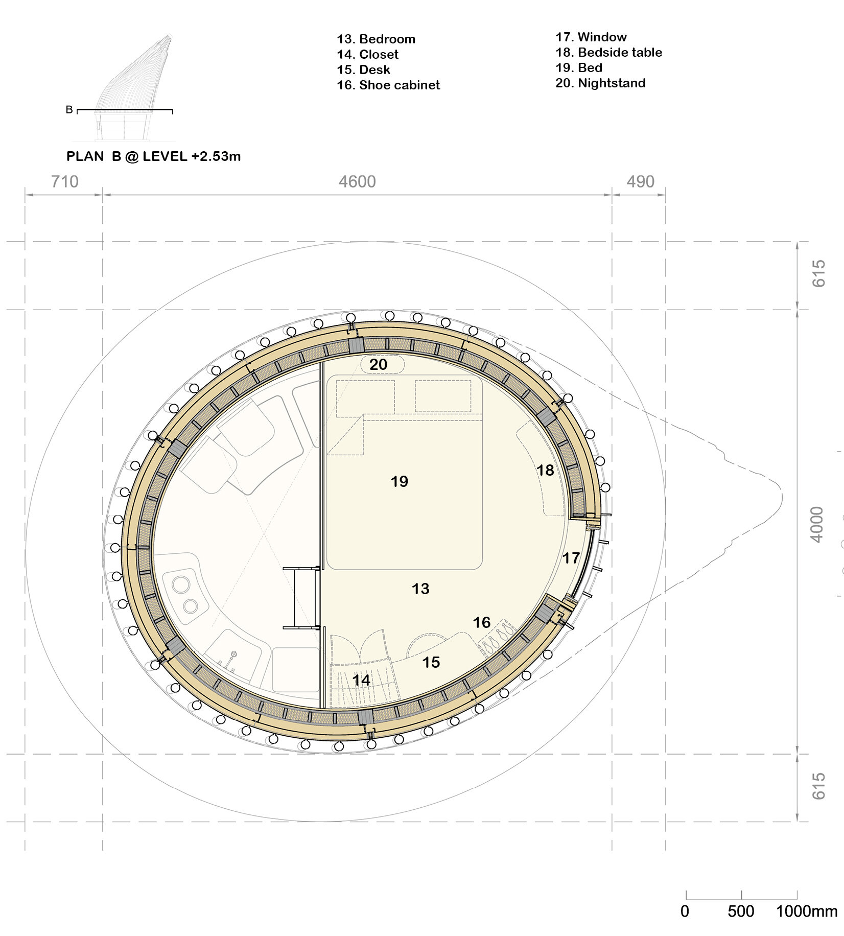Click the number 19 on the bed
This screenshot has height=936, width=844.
tap(399, 481)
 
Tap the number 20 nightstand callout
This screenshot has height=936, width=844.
tap(378, 365)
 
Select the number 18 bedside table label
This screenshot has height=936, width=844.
tap(545, 470)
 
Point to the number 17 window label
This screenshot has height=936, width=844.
tap(571, 558)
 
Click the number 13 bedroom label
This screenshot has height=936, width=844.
tap(420, 589)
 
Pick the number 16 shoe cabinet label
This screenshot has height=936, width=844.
tap(481, 622)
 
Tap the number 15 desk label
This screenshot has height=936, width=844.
tap(431, 662)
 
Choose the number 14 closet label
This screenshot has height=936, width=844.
tap(361, 680)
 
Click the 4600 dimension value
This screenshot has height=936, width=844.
tap(357, 182)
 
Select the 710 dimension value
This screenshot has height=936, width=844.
tap(65, 182)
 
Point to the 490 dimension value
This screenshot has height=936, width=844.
tap(640, 182)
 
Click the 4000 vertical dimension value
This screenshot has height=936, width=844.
tap(817, 525)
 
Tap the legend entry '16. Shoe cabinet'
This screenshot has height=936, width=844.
tap(388, 85)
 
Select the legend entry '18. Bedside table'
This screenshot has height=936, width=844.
tap(608, 53)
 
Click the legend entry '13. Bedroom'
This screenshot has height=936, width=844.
tap(376, 39)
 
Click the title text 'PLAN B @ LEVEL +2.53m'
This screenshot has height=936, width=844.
tap(153, 156)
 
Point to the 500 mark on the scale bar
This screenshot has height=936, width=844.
tap(741, 911)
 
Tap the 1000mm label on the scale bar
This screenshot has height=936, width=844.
tap(806, 911)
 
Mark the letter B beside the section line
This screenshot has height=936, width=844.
tap(69, 110)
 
